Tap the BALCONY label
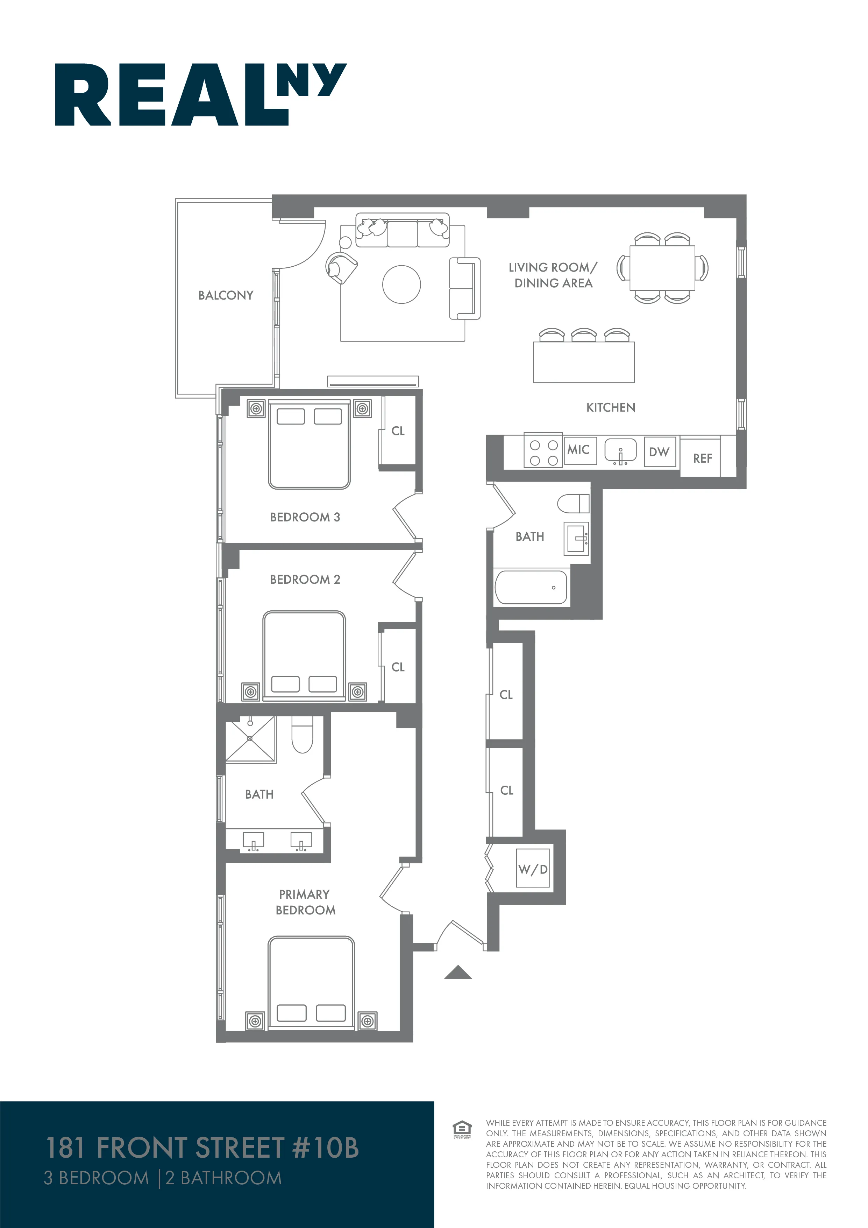tap(226, 295)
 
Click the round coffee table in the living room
tap(401, 285)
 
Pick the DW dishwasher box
tap(660, 452)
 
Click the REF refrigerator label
tap(702, 458)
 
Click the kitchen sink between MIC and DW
tap(620, 450)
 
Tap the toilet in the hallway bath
tap(573, 503)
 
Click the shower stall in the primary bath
tap(250, 739)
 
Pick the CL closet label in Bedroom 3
tap(398, 431)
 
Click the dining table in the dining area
tap(662, 268)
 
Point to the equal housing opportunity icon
tap(462, 1129)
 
